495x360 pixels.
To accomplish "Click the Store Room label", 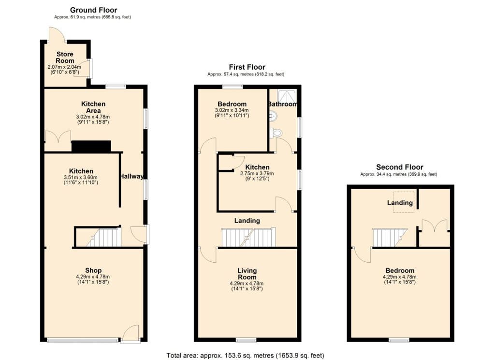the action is click(65, 57).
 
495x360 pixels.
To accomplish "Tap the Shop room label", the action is click(93, 270).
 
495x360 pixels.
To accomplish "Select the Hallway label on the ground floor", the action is click(131, 176).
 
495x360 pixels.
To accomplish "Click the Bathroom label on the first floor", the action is click(282, 104).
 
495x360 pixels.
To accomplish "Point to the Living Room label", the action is click(247, 274).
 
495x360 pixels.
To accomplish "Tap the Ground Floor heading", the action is click(93, 10).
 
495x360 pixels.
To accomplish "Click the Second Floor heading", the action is click(399, 167).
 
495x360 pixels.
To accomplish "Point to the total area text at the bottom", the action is click(245, 356).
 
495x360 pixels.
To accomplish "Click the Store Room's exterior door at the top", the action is click(57, 35).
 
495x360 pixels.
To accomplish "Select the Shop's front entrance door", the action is click(131, 334).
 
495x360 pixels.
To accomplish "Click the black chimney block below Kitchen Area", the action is click(91, 146).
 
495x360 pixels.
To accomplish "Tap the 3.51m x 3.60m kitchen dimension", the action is click(81, 177).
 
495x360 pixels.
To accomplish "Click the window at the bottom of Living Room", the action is click(246, 340).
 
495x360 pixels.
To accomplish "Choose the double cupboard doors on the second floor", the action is click(435, 226).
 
